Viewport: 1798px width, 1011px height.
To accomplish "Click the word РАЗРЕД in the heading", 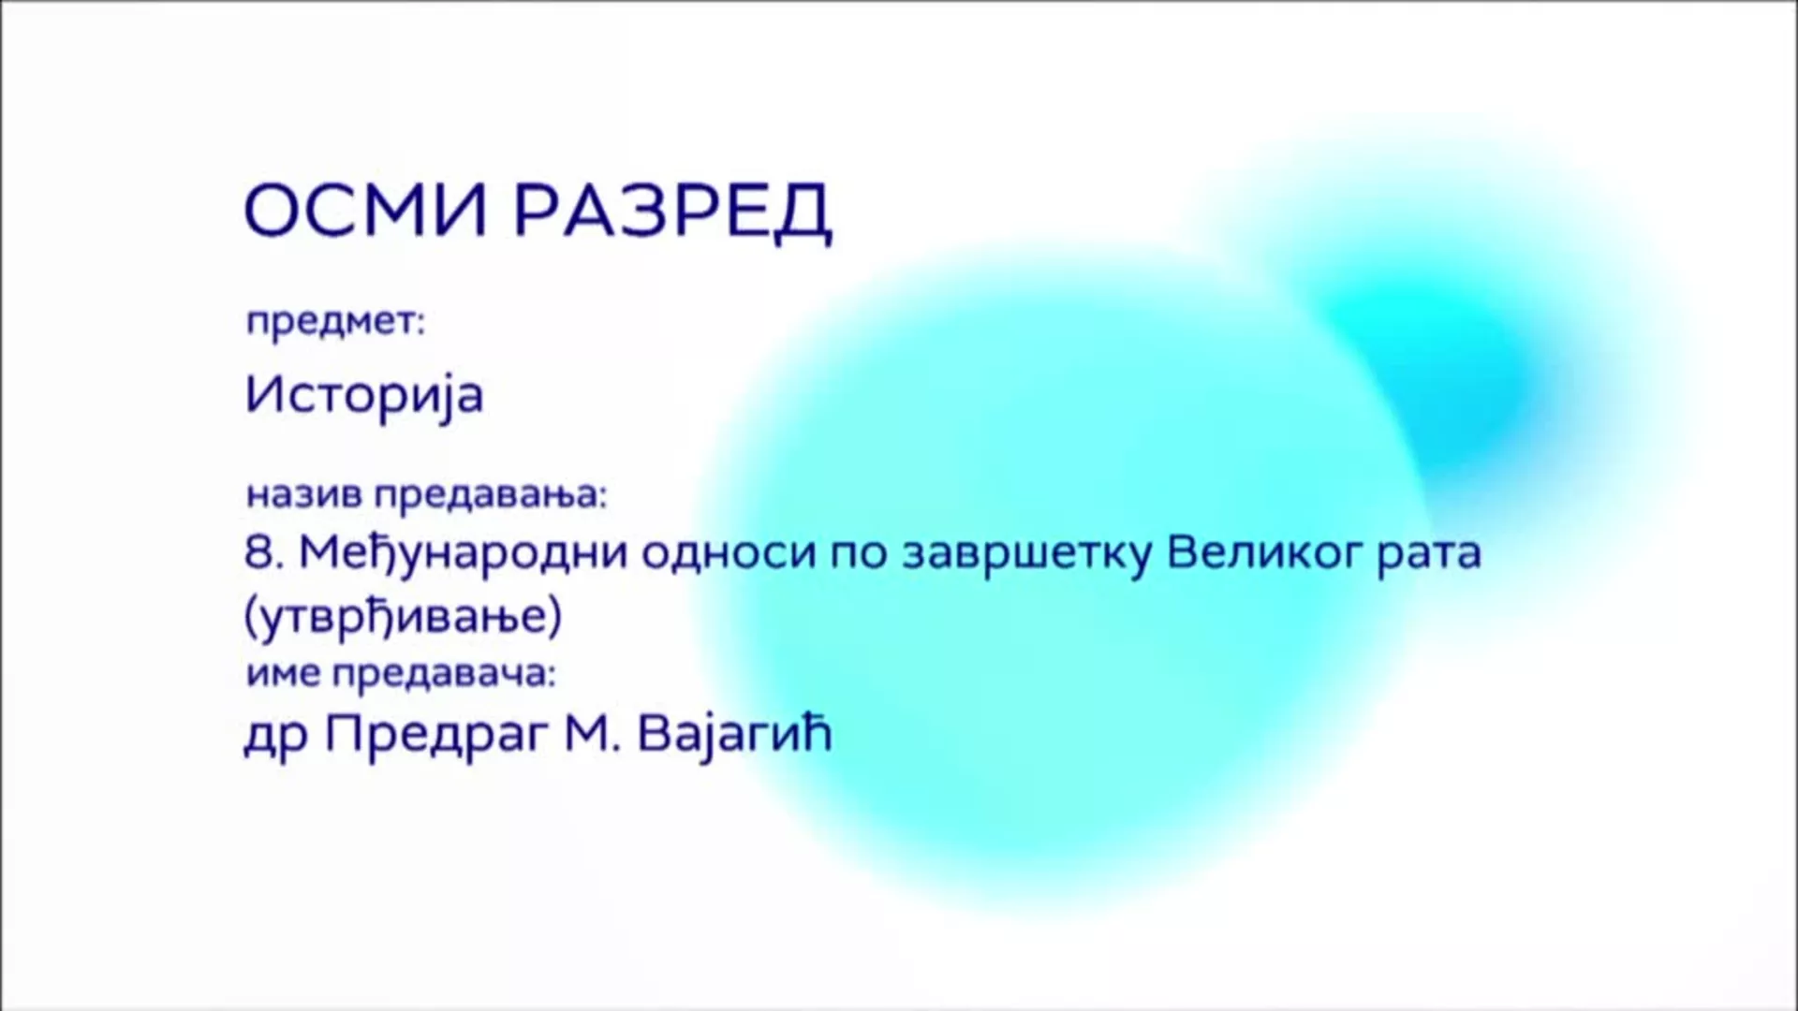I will click(672, 212).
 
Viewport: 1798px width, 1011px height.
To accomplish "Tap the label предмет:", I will click(335, 323).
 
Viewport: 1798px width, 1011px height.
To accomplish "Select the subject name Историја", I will click(364, 395).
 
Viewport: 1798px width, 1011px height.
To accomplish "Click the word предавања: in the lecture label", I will click(491, 496).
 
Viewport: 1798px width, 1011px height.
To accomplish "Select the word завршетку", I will click(1024, 554).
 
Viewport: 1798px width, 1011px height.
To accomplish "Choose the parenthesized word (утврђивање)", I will click(403, 618).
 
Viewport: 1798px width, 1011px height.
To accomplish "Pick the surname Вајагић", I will click(734, 737).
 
